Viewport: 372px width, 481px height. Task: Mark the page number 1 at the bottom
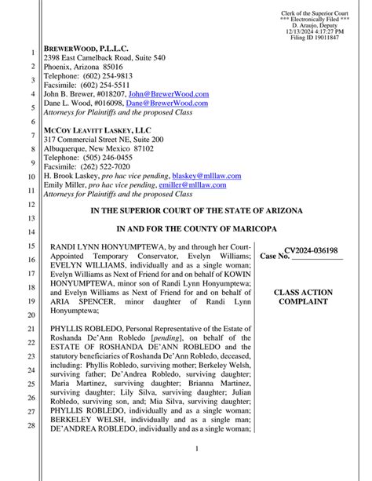pos(186,449)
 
